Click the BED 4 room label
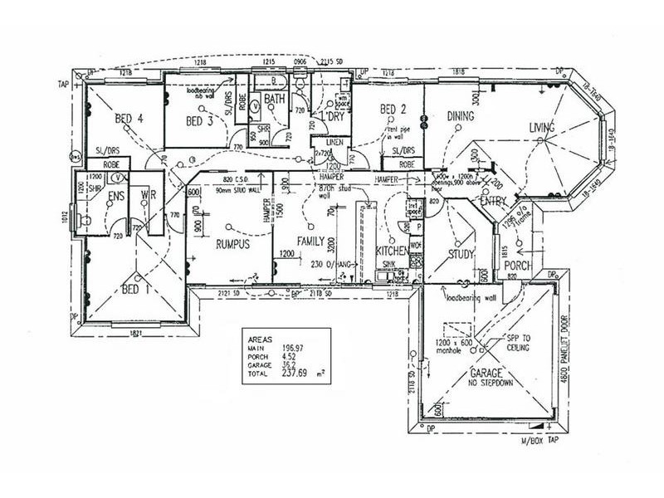130,119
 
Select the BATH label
276,100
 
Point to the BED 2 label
393,110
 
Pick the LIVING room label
547,127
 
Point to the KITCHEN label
391,251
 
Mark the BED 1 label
136,290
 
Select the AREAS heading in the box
261,339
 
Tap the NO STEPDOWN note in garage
491,384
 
